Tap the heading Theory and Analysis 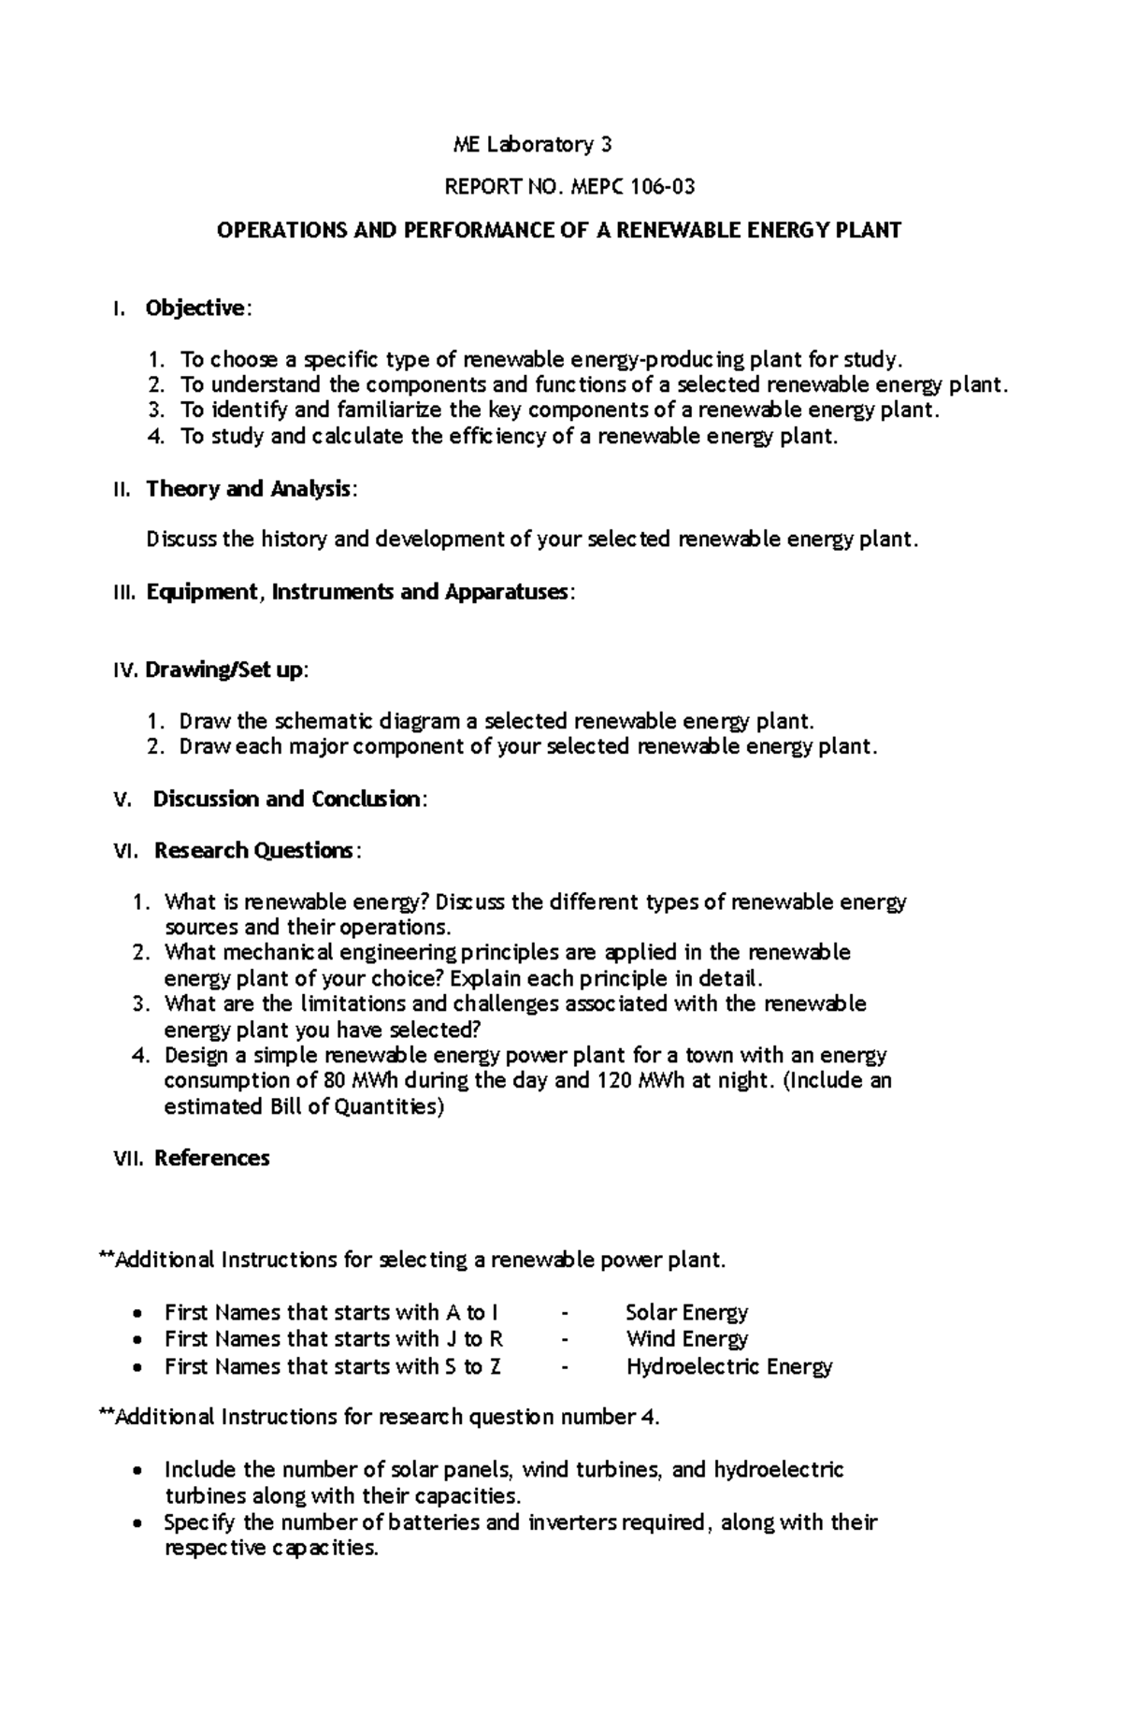(250, 488)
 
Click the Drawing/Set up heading (223, 670)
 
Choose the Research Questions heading (255, 850)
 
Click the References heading (212, 1158)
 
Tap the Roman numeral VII (125, 1158)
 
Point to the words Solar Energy (686, 1313)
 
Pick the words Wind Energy (686, 1339)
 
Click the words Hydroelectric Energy (728, 1366)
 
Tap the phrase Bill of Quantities (353, 1107)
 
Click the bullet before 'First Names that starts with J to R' (137, 1340)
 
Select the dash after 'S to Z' (564, 1367)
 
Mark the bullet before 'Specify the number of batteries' (137, 1523)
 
